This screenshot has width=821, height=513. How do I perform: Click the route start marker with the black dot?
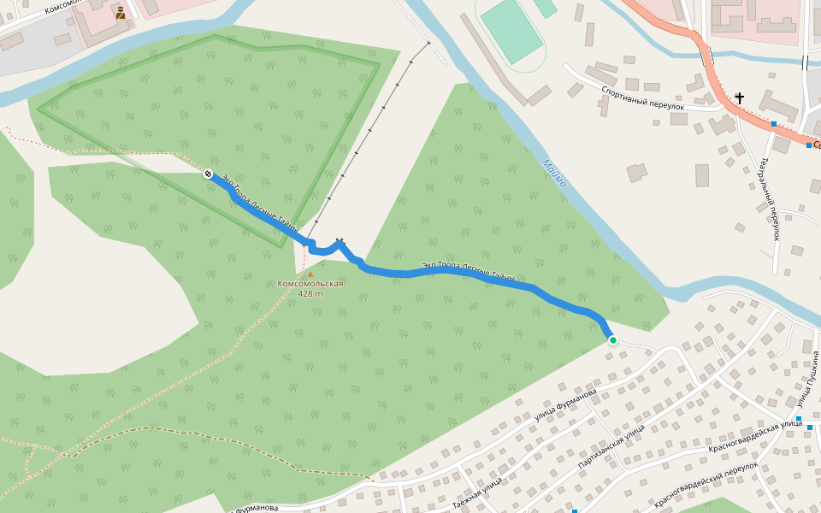click(208, 174)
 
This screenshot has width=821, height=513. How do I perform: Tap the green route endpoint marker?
click(612, 340)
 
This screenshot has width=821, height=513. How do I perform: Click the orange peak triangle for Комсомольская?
click(310, 274)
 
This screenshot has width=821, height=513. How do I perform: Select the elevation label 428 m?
click(310, 293)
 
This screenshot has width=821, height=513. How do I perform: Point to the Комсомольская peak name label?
click(310, 284)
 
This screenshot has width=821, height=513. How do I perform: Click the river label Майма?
click(555, 174)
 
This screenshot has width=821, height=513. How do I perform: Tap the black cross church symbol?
click(739, 98)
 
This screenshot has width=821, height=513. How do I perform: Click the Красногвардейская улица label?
click(754, 437)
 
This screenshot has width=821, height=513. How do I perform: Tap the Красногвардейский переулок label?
click(706, 486)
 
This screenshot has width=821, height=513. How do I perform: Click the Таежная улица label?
click(477, 495)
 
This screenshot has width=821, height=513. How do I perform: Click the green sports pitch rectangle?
click(511, 31)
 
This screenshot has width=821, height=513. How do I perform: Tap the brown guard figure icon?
click(121, 13)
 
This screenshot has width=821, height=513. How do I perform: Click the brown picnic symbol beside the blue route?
click(340, 242)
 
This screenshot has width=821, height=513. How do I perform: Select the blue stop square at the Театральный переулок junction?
click(773, 124)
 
